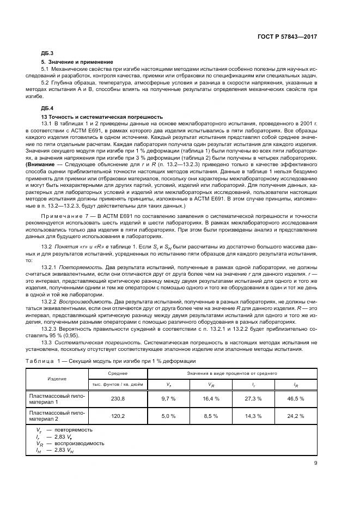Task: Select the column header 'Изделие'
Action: coord(57,379)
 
